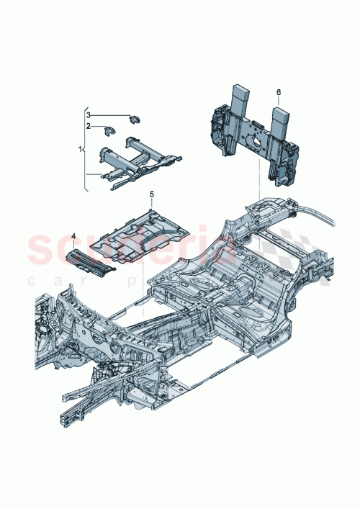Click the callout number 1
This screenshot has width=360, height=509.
(81, 149)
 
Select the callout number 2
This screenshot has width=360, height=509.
(89, 125)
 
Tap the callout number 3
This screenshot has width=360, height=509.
(89, 114)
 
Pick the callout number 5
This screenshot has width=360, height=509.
(152, 194)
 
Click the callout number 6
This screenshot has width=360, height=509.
(279, 92)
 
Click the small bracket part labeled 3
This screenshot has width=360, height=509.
(134, 118)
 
